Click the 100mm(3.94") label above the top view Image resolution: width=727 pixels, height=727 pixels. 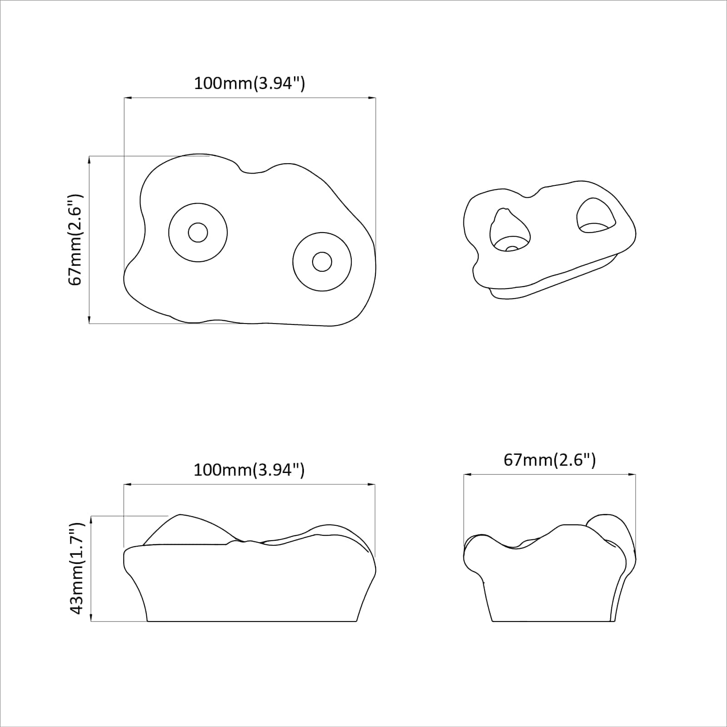pyautogui.click(x=249, y=84)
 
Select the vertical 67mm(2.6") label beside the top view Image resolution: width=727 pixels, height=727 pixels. pyautogui.click(x=75, y=239)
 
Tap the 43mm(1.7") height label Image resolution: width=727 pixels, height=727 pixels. pyautogui.click(x=77, y=568)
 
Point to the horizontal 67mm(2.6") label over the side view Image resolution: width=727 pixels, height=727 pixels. pyautogui.click(x=549, y=460)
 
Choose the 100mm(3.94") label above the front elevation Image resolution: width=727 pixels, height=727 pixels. pyautogui.click(x=249, y=470)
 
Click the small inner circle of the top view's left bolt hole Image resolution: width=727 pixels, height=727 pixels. pyautogui.click(x=198, y=233)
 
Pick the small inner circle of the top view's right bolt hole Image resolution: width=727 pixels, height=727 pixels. pyautogui.click(x=322, y=262)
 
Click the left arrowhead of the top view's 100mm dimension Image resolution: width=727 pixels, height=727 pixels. pyautogui.click(x=127, y=98)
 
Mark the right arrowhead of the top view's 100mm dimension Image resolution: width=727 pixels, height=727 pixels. pyautogui.click(x=373, y=98)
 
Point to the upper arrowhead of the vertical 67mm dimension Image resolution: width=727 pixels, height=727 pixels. pyautogui.click(x=90, y=159)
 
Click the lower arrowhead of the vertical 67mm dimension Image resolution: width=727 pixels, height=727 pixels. pyautogui.click(x=90, y=320)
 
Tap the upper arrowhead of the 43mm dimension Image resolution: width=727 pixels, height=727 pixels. pyautogui.click(x=91, y=519)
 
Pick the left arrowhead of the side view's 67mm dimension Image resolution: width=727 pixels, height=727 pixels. pyautogui.click(x=467, y=475)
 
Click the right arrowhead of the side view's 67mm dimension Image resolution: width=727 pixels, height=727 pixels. pyautogui.click(x=632, y=475)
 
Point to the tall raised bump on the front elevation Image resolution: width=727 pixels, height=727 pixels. pyautogui.click(x=184, y=529)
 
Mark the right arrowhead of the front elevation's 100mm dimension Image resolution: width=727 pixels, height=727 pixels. pyautogui.click(x=372, y=485)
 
